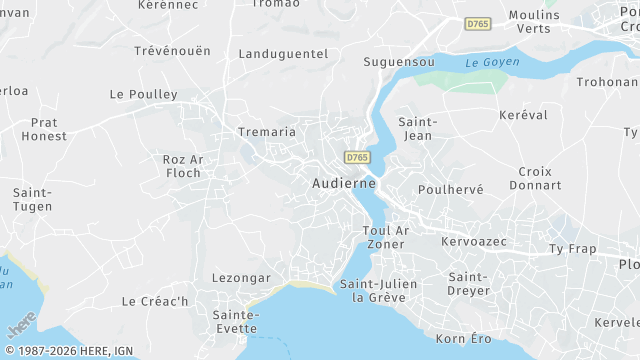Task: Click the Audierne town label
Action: click(x=344, y=183)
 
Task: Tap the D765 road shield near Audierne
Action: click(x=355, y=158)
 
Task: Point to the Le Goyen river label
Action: click(x=488, y=62)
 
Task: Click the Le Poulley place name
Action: click(x=143, y=94)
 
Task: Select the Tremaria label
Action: click(x=266, y=131)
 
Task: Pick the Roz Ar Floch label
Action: click(x=182, y=165)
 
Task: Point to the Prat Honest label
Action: click(x=44, y=128)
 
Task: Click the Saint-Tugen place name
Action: click(x=33, y=199)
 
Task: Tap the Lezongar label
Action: click(x=241, y=277)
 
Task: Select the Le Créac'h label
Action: click(x=155, y=301)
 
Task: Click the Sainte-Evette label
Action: click(x=236, y=321)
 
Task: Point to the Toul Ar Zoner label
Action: click(x=384, y=237)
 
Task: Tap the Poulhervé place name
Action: click(x=451, y=189)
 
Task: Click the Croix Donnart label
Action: click(x=535, y=178)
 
